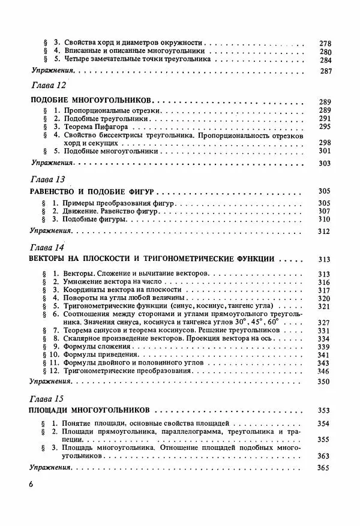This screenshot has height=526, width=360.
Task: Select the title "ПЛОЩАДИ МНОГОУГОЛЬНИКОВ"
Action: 89,411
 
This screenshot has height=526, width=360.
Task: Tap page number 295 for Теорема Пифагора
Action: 325,127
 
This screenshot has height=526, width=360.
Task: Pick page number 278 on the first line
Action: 325,43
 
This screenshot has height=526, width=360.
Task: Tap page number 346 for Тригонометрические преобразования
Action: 325,372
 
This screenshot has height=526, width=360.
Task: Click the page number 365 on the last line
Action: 325,467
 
